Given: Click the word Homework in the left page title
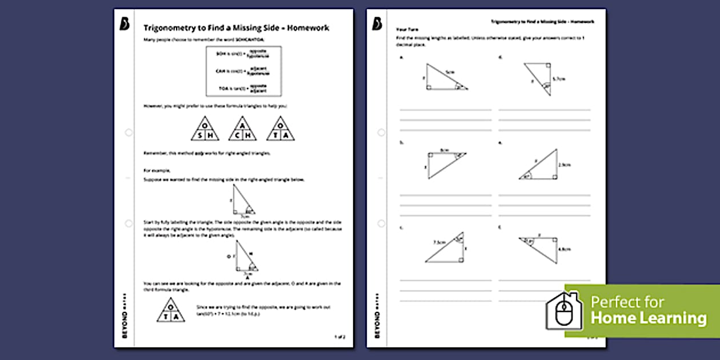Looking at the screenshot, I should click(308, 28).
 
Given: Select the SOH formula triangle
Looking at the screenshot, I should click(205, 129).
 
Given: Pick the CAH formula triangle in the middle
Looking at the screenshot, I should click(243, 129).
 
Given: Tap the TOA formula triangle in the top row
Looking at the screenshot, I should click(281, 129).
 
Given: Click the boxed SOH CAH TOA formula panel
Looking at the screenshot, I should click(243, 71).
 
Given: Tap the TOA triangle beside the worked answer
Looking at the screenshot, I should click(171, 310).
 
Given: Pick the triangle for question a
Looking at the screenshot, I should click(446, 77).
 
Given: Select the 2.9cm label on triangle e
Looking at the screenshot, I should click(565, 165).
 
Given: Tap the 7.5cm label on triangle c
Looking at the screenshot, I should click(439, 242).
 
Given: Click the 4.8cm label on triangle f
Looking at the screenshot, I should click(564, 249).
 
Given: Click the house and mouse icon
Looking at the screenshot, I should click(563, 311).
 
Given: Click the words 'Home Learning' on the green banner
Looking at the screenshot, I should click(648, 318).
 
